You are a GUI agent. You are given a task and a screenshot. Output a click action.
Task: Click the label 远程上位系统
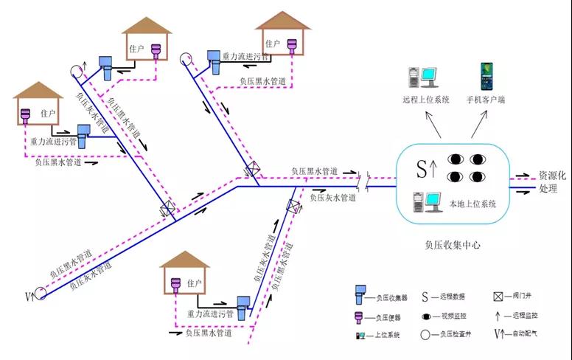coord(425,100)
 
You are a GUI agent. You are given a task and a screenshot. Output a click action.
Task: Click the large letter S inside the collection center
coord(422,170)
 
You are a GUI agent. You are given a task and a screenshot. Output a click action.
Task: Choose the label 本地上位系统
coord(472,204)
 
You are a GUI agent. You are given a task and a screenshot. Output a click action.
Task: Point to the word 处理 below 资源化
coord(548,189)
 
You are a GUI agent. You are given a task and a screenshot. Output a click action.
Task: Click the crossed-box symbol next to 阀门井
coord(499,297)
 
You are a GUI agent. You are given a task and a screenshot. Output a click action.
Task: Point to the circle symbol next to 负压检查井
coord(425,336)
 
